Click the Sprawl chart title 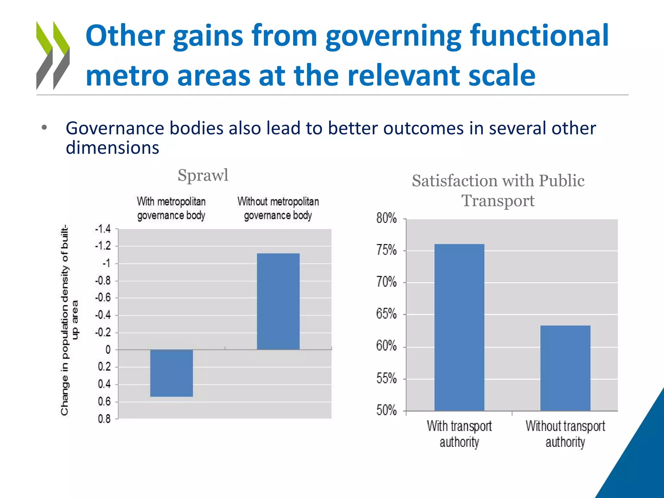[203, 175]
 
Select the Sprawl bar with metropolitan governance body [172, 373]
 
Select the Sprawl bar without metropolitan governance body [278, 301]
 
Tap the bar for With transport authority [459, 327]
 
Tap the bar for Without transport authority [565, 368]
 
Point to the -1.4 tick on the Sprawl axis [103, 229]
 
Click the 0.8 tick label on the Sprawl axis [104, 419]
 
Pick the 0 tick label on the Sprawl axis [108, 350]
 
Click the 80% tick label [386, 218]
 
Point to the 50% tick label [386, 410]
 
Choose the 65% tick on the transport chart [386, 314]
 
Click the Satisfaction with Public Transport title [498, 190]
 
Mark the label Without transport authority [565, 434]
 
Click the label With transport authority [459, 434]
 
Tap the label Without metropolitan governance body [278, 208]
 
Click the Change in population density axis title [69, 319]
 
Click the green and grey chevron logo [53, 55]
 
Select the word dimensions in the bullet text [113, 148]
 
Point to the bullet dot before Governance [44, 128]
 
